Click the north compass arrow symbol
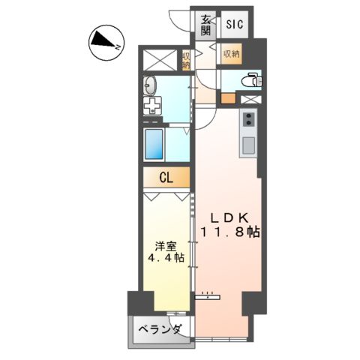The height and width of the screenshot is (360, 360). [x=103, y=43]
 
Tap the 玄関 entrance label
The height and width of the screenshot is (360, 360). [x=206, y=25]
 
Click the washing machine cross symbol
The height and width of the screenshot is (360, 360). [x=151, y=106]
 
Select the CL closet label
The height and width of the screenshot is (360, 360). [x=167, y=178]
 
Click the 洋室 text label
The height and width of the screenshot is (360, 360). [x=166, y=245]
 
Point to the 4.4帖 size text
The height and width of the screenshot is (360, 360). [x=166, y=259]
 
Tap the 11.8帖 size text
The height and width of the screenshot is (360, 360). [x=229, y=233]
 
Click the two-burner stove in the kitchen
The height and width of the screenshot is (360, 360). [x=248, y=119]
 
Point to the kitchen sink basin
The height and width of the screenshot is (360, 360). [x=248, y=142]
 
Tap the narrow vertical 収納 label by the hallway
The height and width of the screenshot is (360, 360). [x=186, y=59]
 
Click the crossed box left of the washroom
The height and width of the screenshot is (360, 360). [x=158, y=60]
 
